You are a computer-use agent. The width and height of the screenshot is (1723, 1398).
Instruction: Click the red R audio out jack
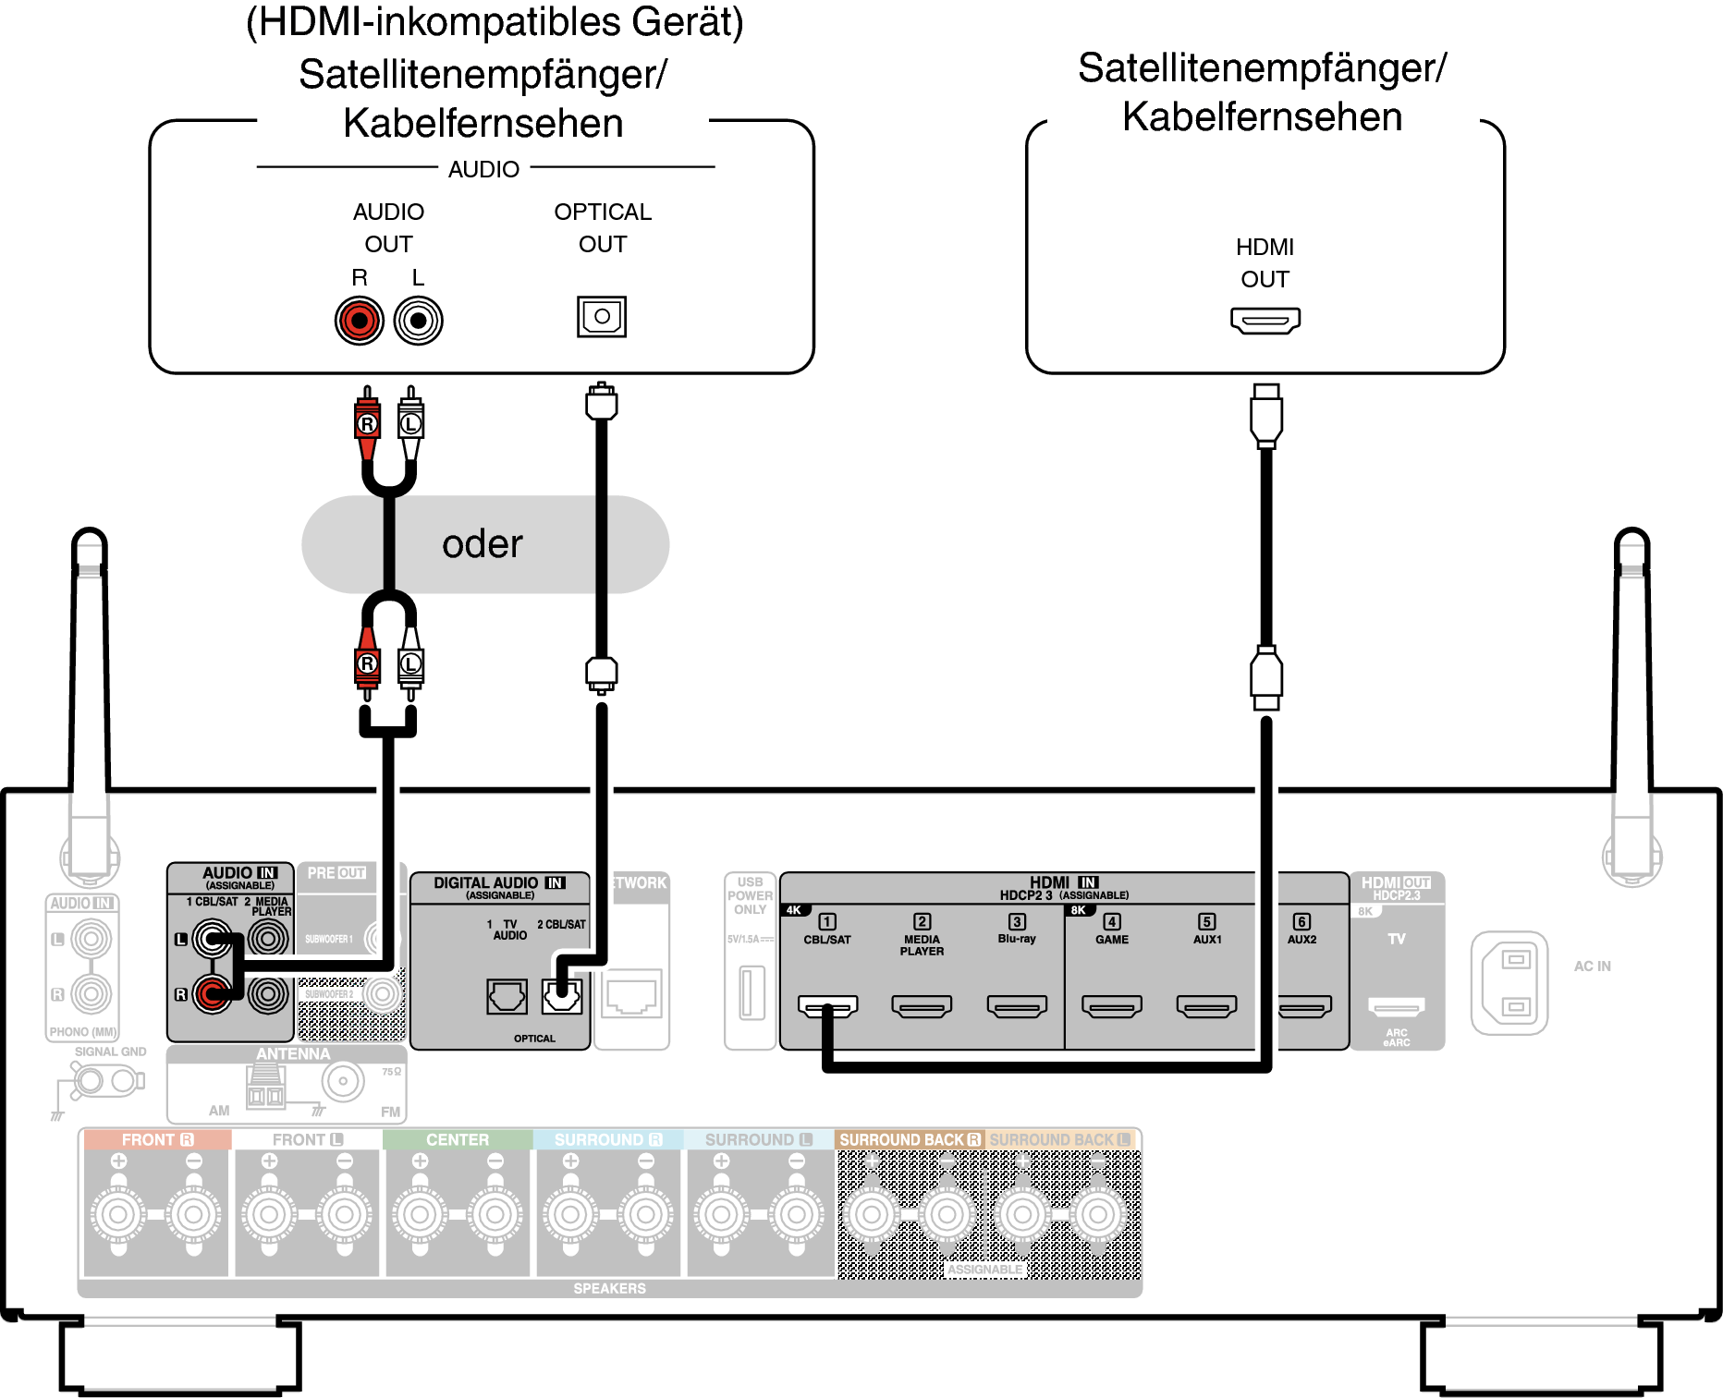[x=359, y=321]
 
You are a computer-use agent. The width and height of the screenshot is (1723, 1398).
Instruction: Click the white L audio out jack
[x=418, y=321]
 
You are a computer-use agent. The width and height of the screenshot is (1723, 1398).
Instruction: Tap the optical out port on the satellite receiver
[x=602, y=317]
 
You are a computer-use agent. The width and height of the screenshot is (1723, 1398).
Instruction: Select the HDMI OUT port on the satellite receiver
[x=1265, y=320]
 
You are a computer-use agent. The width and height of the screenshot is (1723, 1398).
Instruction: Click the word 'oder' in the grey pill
[x=482, y=544]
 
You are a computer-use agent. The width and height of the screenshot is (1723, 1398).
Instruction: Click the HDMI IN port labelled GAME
[x=1111, y=1005]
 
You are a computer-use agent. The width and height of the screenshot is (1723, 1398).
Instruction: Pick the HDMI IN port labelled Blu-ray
[x=1017, y=1005]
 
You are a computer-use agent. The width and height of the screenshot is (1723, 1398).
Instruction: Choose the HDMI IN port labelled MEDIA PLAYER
[x=922, y=1005]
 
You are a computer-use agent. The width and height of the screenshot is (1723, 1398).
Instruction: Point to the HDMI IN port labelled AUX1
[x=1206, y=1005]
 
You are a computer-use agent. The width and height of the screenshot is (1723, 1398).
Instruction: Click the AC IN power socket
[x=1509, y=982]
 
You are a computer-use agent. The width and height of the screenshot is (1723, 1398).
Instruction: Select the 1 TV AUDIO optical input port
[x=507, y=997]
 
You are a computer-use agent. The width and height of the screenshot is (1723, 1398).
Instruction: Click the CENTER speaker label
[x=458, y=1139]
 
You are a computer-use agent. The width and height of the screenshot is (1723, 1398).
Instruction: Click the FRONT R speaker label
[x=157, y=1139]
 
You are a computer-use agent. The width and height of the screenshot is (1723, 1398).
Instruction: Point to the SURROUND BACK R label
[x=909, y=1139]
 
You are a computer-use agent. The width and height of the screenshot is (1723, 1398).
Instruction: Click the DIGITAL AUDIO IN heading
[x=499, y=883]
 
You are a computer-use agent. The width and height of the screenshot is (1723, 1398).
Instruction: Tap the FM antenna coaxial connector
[x=343, y=1080]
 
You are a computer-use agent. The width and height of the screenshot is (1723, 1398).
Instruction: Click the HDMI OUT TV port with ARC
[x=1396, y=1006]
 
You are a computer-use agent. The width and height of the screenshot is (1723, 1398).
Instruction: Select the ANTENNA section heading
[x=292, y=1054]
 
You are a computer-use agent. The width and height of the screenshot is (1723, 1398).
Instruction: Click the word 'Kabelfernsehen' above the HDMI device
[x=1262, y=117]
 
